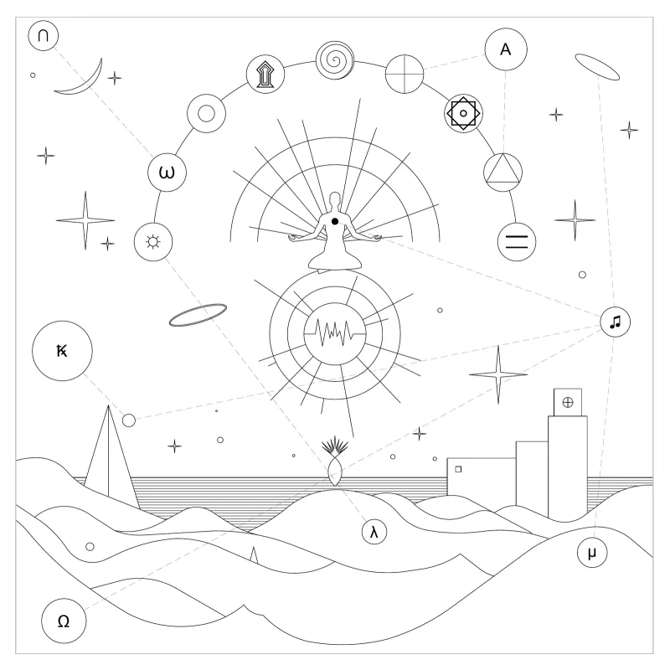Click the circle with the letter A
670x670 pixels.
(x=506, y=49)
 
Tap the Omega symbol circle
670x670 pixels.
(x=64, y=621)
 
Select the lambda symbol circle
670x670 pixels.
(x=374, y=532)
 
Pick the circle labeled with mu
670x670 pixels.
(x=592, y=553)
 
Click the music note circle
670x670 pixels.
(x=616, y=322)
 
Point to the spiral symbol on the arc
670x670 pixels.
(x=335, y=60)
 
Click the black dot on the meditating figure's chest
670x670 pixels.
(x=335, y=221)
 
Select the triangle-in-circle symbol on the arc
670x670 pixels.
(x=503, y=173)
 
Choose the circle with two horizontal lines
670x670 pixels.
(x=517, y=242)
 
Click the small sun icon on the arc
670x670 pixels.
(x=153, y=242)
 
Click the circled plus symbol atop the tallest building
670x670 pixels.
(x=568, y=402)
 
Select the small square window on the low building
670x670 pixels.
(x=458, y=469)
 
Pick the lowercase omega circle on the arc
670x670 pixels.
(x=167, y=173)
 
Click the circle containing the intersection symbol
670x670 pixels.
(x=44, y=35)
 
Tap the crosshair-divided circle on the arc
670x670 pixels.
(x=405, y=74)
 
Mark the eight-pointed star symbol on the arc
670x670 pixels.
(x=463, y=113)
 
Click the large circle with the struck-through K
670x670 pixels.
(x=62, y=351)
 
